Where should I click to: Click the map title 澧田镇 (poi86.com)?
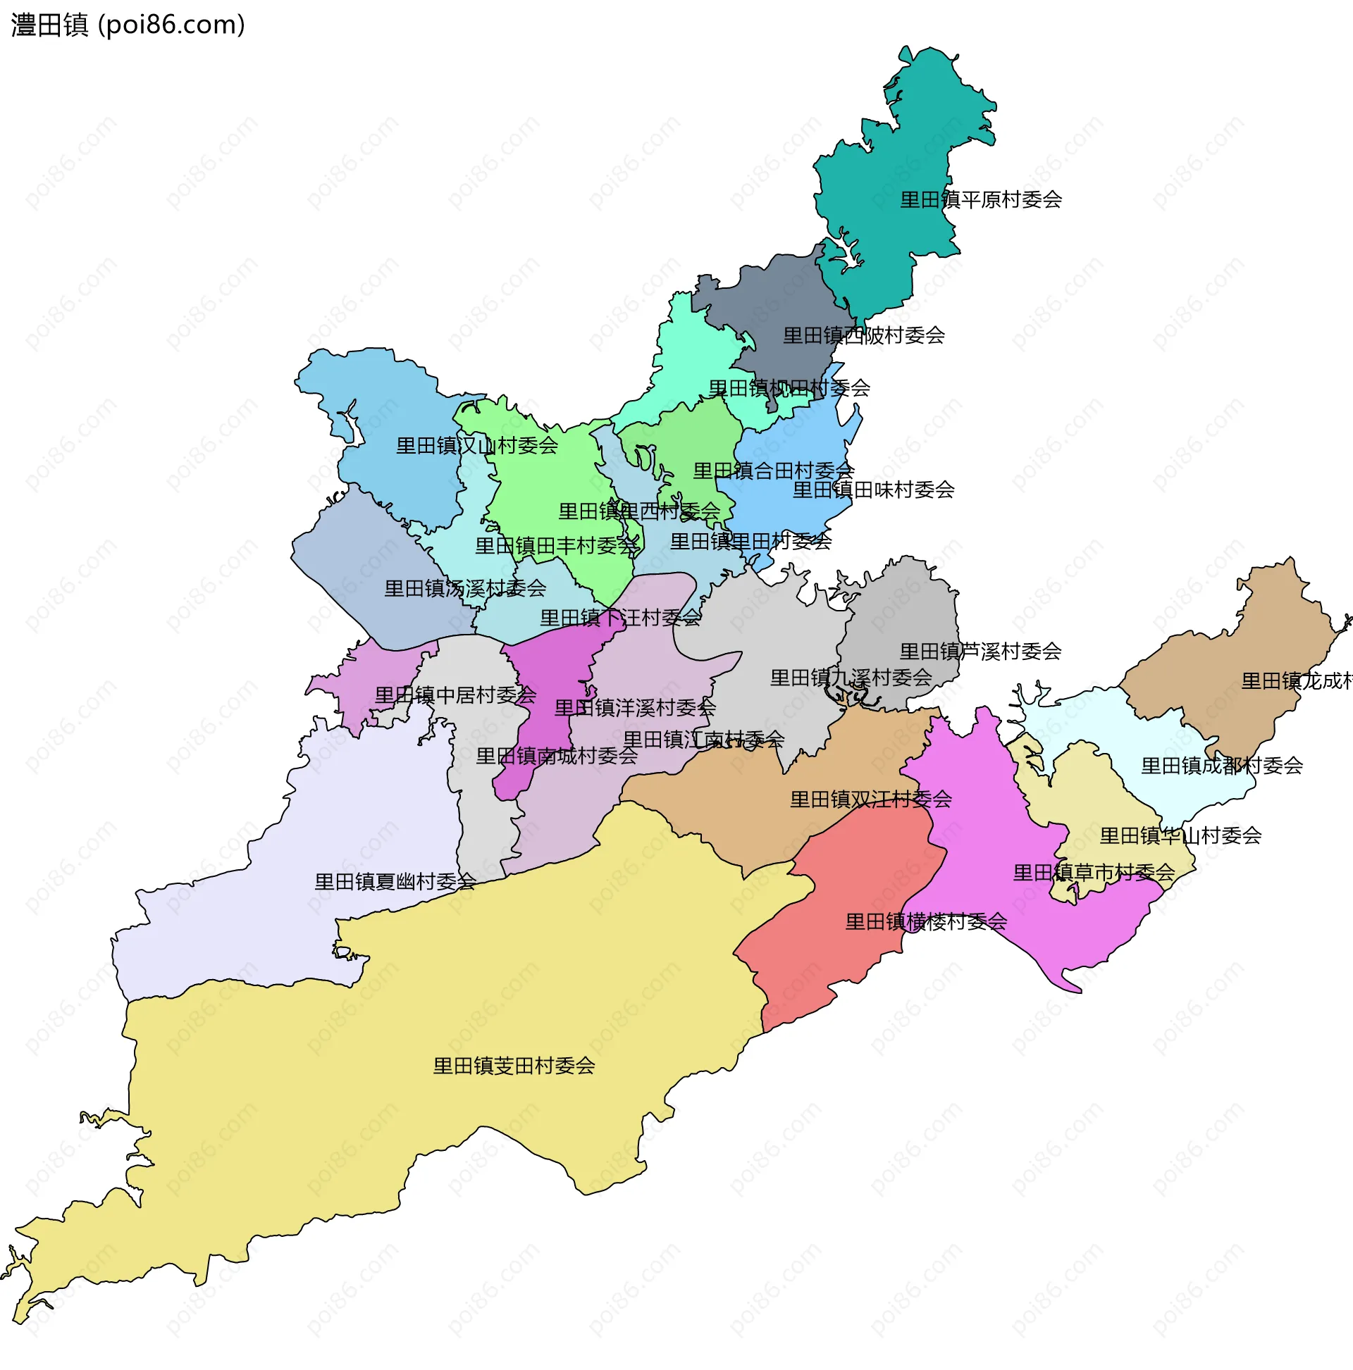128,25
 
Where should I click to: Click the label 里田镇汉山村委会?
477,446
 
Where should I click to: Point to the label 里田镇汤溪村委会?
464,589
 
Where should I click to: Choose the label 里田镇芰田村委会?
514,1066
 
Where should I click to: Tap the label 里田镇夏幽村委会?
395,882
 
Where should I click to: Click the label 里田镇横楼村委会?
926,922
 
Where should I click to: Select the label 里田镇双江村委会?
870,800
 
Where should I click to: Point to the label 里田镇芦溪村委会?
980,652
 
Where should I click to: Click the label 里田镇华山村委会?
1180,836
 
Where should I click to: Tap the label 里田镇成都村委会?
1221,766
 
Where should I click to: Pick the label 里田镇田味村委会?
872,490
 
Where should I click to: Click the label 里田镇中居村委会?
455,696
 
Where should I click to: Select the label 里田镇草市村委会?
1094,873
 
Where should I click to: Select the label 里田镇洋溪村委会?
634,708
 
